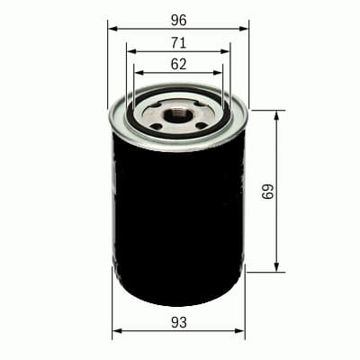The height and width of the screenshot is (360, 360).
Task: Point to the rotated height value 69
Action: click(266, 191)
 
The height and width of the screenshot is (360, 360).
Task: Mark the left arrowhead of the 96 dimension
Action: click(112, 28)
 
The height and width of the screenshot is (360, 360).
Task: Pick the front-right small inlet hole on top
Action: click(200, 124)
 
